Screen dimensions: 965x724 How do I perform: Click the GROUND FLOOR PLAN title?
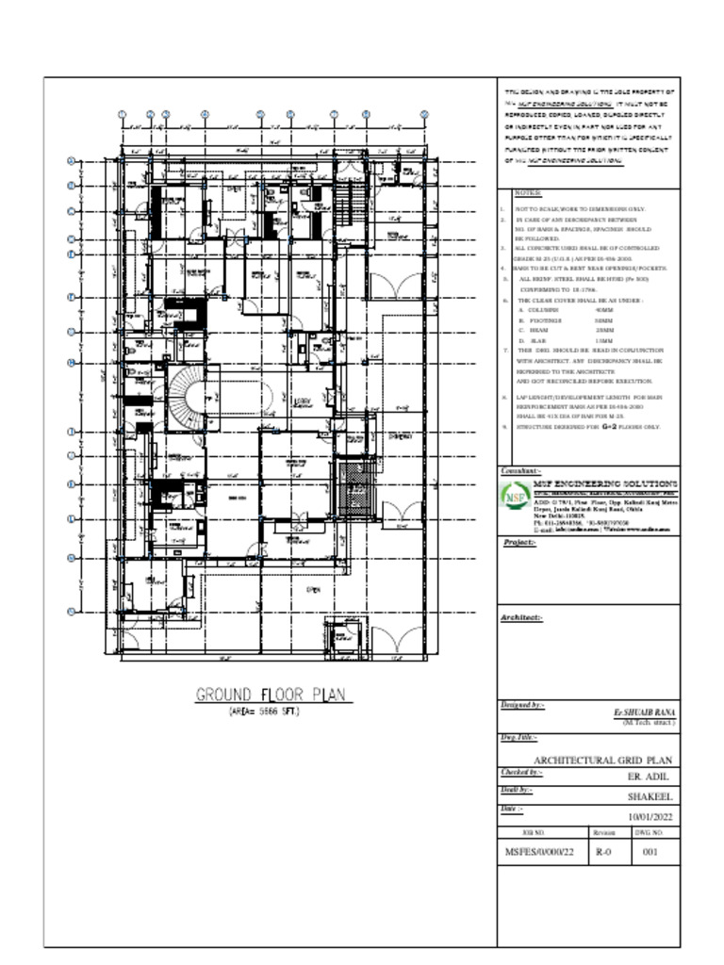point(271,695)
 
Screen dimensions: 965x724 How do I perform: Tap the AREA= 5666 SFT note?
point(264,712)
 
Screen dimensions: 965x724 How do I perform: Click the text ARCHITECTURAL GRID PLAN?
point(602,760)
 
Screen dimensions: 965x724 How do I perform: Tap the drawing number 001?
point(650,851)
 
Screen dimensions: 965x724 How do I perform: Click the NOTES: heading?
point(528,191)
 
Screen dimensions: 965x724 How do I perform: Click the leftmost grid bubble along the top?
point(123,114)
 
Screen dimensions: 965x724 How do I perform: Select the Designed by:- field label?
point(522,705)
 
